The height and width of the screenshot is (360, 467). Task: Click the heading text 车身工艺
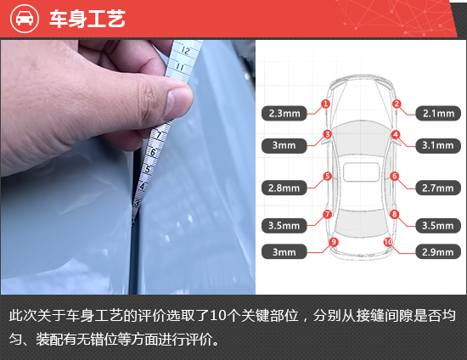pyautogui.click(x=87, y=19)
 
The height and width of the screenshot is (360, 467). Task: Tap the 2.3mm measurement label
pyautogui.click(x=284, y=112)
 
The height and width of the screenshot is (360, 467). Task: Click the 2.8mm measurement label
pyautogui.click(x=284, y=188)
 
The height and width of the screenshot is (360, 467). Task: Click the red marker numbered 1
pyautogui.click(x=325, y=104)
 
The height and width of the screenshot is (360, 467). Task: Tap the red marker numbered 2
pyautogui.click(x=396, y=104)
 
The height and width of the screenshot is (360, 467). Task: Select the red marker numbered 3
pyautogui.click(x=327, y=134)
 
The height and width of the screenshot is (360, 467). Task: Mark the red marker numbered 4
pyautogui.click(x=396, y=134)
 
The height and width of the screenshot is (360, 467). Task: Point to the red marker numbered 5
pyautogui.click(x=327, y=177)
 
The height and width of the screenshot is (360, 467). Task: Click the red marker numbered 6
pyautogui.click(x=394, y=177)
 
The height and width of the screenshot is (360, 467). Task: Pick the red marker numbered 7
pyautogui.click(x=327, y=214)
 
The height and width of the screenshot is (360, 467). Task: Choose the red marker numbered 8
pyautogui.click(x=394, y=214)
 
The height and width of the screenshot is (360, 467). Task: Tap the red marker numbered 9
pyautogui.click(x=333, y=242)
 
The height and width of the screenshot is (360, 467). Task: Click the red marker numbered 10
pyautogui.click(x=387, y=242)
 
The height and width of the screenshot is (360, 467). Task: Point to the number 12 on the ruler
pyautogui.click(x=185, y=50)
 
